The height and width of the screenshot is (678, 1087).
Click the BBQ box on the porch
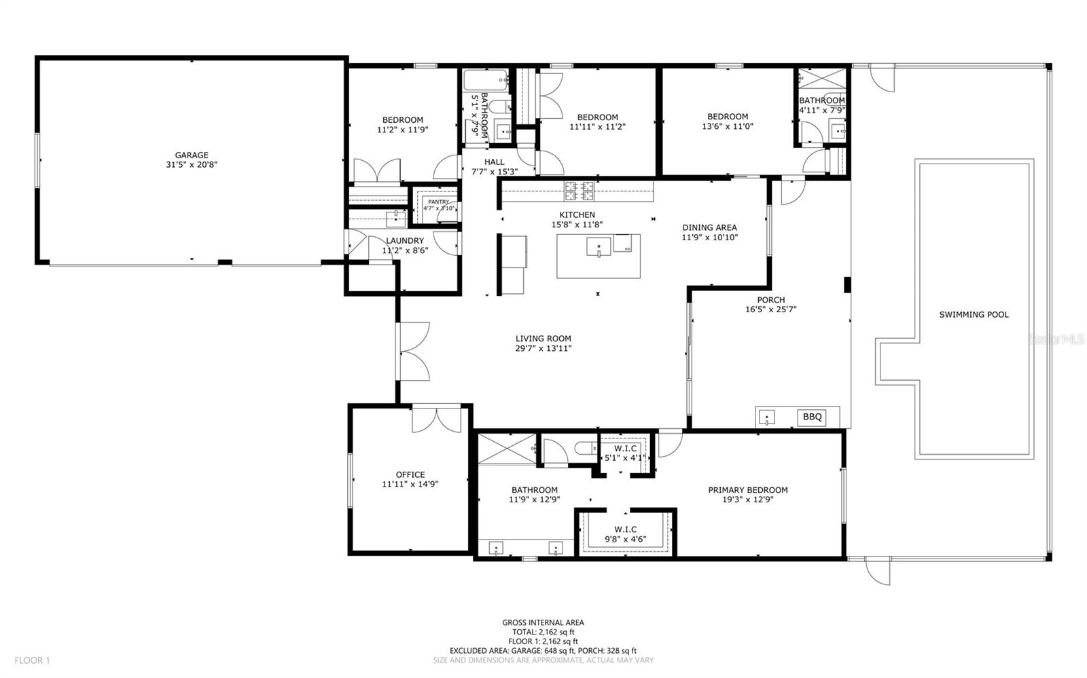[812, 417]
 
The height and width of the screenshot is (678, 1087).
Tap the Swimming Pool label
[974, 315]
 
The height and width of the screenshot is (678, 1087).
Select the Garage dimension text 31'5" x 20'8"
[192, 164]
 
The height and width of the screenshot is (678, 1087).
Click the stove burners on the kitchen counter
[578, 191]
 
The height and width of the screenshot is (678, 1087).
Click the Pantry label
[438, 202]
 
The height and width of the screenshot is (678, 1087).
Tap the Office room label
[410, 475]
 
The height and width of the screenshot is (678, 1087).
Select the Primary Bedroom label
[747, 490]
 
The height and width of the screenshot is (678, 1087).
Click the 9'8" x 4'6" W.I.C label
[625, 535]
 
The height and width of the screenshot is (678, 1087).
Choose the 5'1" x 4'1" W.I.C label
[625, 453]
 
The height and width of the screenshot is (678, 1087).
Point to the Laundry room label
[405, 241]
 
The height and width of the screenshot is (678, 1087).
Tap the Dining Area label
[709, 228]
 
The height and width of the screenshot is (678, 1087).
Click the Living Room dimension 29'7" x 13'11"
[543, 348]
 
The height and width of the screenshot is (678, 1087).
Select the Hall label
[494, 162]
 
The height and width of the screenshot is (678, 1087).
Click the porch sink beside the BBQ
[767, 417]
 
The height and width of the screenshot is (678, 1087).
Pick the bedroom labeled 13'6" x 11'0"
[727, 121]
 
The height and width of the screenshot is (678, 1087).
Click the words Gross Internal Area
[543, 622]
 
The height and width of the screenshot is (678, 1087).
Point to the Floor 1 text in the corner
[32, 660]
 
